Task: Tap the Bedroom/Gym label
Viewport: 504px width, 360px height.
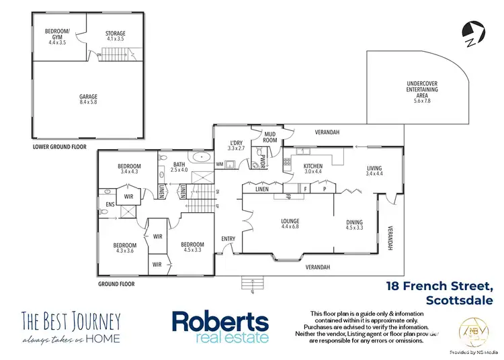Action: tap(58, 35)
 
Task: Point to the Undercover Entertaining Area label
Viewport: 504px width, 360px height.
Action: tap(422, 90)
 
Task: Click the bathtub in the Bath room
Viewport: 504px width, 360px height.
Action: tap(199, 159)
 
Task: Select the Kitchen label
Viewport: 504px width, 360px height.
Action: tap(313, 169)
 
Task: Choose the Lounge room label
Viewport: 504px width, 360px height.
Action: tap(290, 224)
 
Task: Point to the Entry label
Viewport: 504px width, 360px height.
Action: tap(228, 239)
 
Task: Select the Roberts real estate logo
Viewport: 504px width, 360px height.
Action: tap(220, 326)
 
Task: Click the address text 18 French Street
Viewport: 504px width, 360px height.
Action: tap(440, 285)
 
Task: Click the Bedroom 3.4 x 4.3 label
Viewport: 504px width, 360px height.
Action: tap(129, 169)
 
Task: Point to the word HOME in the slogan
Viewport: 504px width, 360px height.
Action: tap(106, 338)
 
